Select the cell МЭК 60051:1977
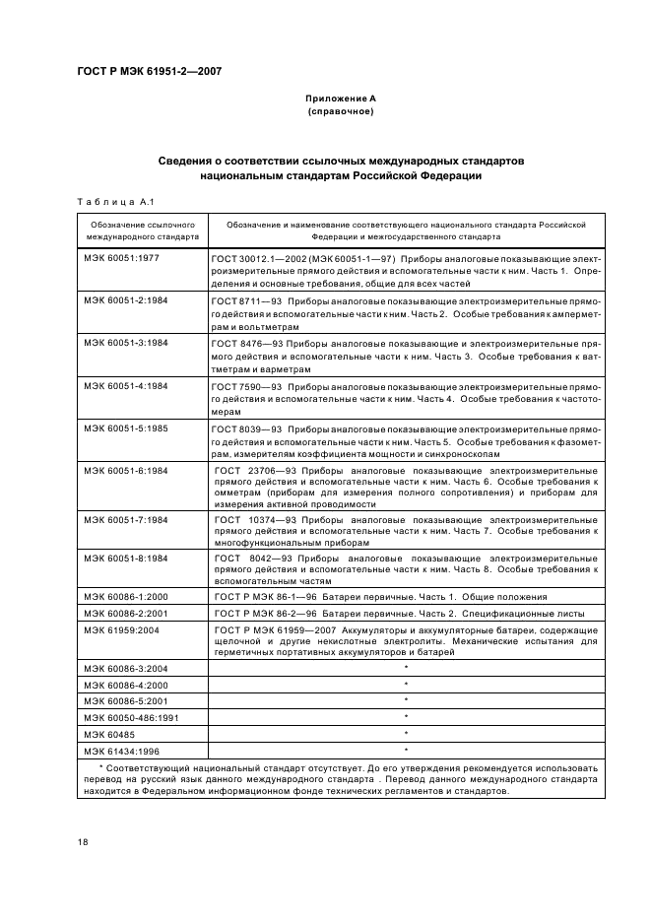click(122, 256)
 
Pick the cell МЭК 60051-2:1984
click(126, 298)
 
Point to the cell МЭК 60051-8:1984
click(126, 558)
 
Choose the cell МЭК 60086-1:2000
click(126, 597)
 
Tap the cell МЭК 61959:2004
click(122, 628)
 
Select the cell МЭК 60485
click(108, 732)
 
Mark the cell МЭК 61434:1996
click(122, 749)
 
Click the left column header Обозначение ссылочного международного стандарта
click(142, 230)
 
